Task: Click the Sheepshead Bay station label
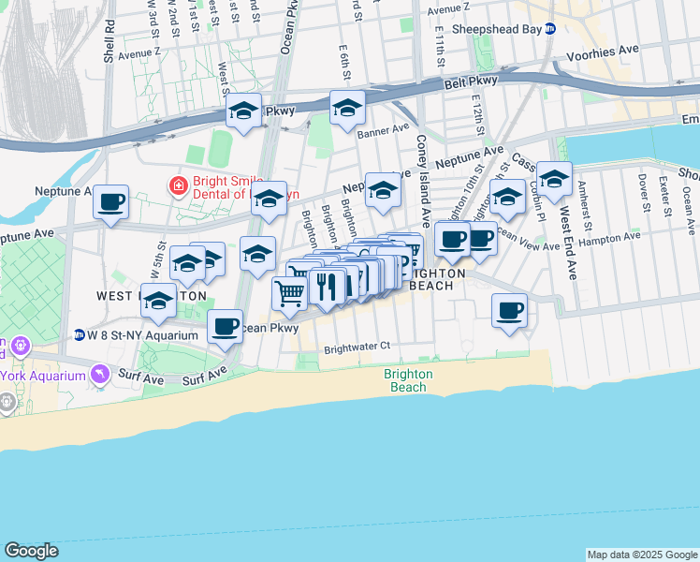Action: pos(497,29)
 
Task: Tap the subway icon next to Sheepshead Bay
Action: pos(551,29)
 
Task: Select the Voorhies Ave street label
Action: pos(613,48)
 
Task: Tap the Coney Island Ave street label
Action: pos(423,182)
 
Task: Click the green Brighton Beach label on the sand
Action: pos(408,379)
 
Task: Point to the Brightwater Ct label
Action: pos(357,347)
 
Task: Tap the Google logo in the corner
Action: pos(31,551)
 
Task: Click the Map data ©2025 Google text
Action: pos(641,555)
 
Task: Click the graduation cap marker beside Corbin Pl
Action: pos(554,179)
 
